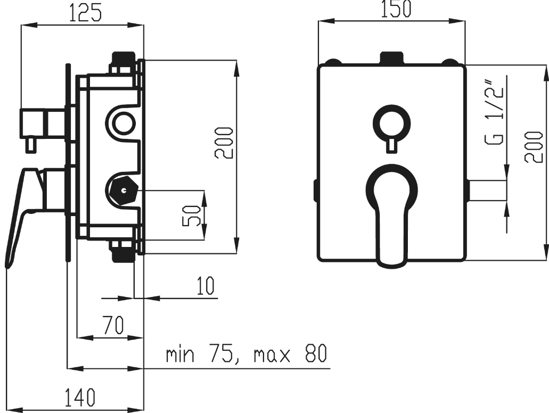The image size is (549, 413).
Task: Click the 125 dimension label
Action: [x=85, y=13]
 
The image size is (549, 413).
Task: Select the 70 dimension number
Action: [x=113, y=325]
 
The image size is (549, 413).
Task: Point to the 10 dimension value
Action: [x=205, y=285]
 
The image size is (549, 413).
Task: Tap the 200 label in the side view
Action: [x=224, y=143]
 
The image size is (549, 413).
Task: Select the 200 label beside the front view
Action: [x=533, y=147]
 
